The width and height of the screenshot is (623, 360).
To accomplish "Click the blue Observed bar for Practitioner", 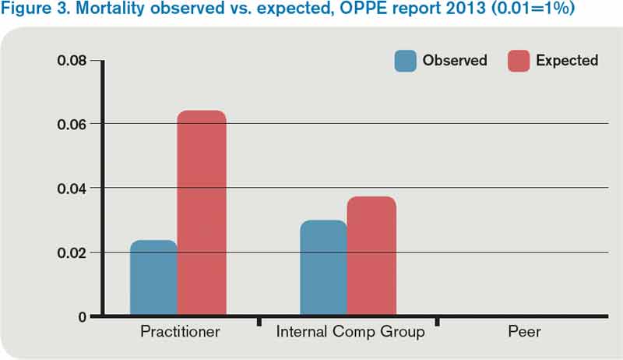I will [x=153, y=278].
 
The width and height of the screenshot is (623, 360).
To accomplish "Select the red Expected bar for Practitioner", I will [x=202, y=214].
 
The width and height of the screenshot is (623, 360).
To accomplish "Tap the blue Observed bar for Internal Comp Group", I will [x=323, y=268].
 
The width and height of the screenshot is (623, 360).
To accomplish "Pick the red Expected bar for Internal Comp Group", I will [x=371, y=256].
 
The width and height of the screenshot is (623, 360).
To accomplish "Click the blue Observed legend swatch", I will [x=405, y=61].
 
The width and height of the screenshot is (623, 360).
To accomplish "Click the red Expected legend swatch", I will [x=519, y=61].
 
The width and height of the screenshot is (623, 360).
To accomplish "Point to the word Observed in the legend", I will [x=455, y=61].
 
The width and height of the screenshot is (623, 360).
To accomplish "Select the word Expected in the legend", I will [x=567, y=61].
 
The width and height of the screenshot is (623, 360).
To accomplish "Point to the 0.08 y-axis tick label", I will [x=73, y=60].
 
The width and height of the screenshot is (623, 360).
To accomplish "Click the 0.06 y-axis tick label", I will [x=73, y=124].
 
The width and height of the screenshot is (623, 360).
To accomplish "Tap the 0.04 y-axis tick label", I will [x=73, y=189].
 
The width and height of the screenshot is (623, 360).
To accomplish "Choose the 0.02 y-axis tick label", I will [x=73, y=252].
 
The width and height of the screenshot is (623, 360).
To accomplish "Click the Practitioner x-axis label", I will [x=180, y=333].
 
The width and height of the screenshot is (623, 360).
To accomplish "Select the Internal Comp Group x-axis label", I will [x=350, y=333].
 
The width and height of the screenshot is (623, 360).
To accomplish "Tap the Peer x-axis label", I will [x=524, y=333].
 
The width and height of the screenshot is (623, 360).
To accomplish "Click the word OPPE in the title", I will [x=332, y=12].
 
